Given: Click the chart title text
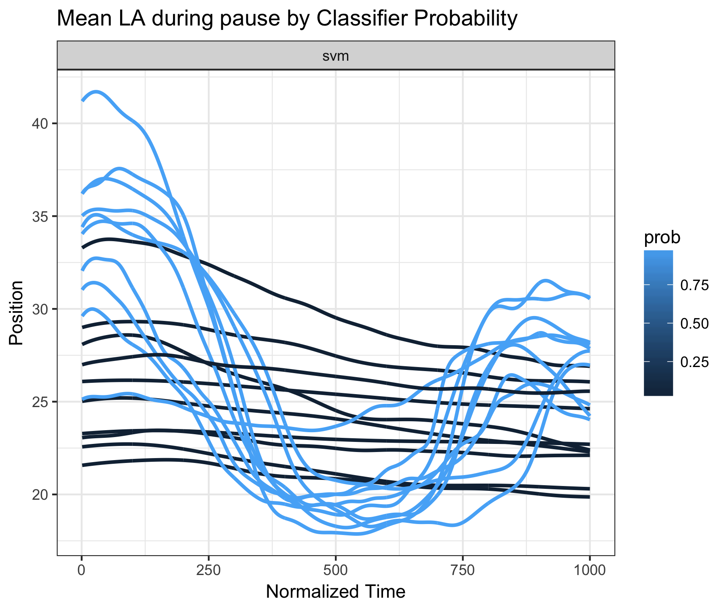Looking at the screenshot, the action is (x=287, y=19).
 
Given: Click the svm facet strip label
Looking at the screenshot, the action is (x=336, y=56).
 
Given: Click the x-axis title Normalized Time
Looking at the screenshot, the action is (x=336, y=592).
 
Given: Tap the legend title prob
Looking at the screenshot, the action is (x=662, y=238).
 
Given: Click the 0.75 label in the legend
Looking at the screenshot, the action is (x=694, y=285).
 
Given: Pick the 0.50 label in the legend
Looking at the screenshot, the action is (x=694, y=324).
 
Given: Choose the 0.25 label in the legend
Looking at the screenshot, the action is (x=694, y=362).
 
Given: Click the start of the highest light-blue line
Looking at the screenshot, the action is (x=82, y=100).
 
